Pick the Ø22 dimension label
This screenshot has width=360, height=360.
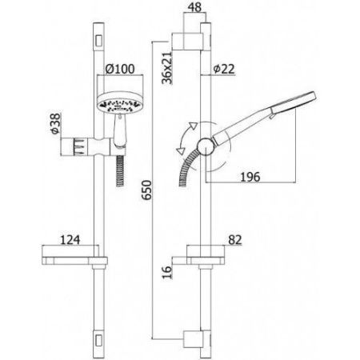pyautogui.click(x=225, y=70)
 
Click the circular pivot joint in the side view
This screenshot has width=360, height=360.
pyautogui.click(x=206, y=149)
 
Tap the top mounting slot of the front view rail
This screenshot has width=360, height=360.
pyautogui.click(x=98, y=38)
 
